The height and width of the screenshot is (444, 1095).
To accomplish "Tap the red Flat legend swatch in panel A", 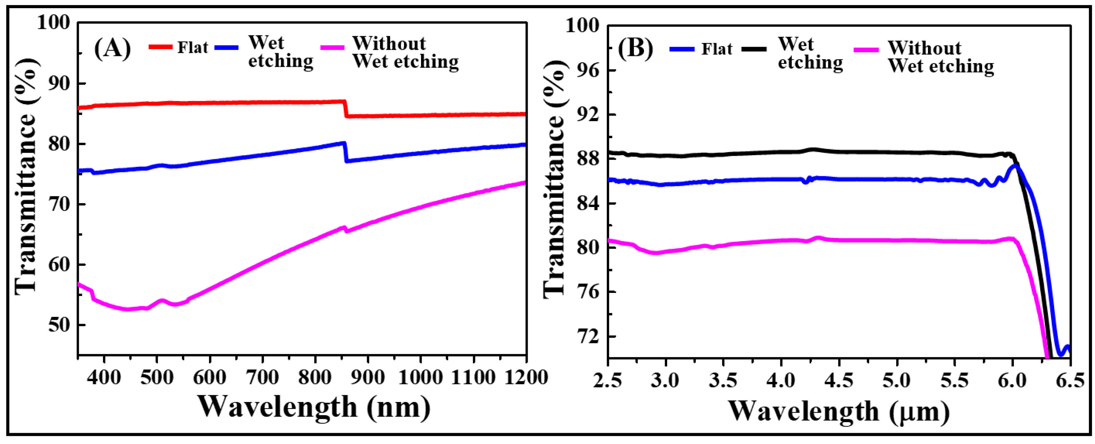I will (x=160, y=47).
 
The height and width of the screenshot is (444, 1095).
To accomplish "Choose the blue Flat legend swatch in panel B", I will (x=682, y=49).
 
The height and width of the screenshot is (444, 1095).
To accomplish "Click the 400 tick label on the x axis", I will (x=104, y=378).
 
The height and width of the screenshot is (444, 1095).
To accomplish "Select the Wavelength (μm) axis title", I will (x=839, y=412).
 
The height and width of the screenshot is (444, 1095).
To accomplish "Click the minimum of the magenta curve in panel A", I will (x=127, y=309).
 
